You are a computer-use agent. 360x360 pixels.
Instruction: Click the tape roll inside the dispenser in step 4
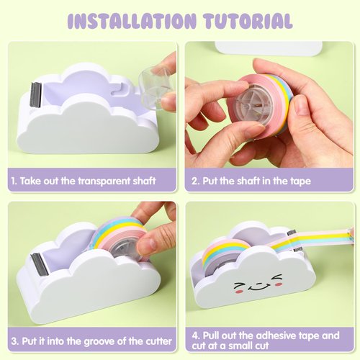[x=225, y=253]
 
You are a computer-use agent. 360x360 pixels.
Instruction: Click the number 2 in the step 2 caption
[x=194, y=181]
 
